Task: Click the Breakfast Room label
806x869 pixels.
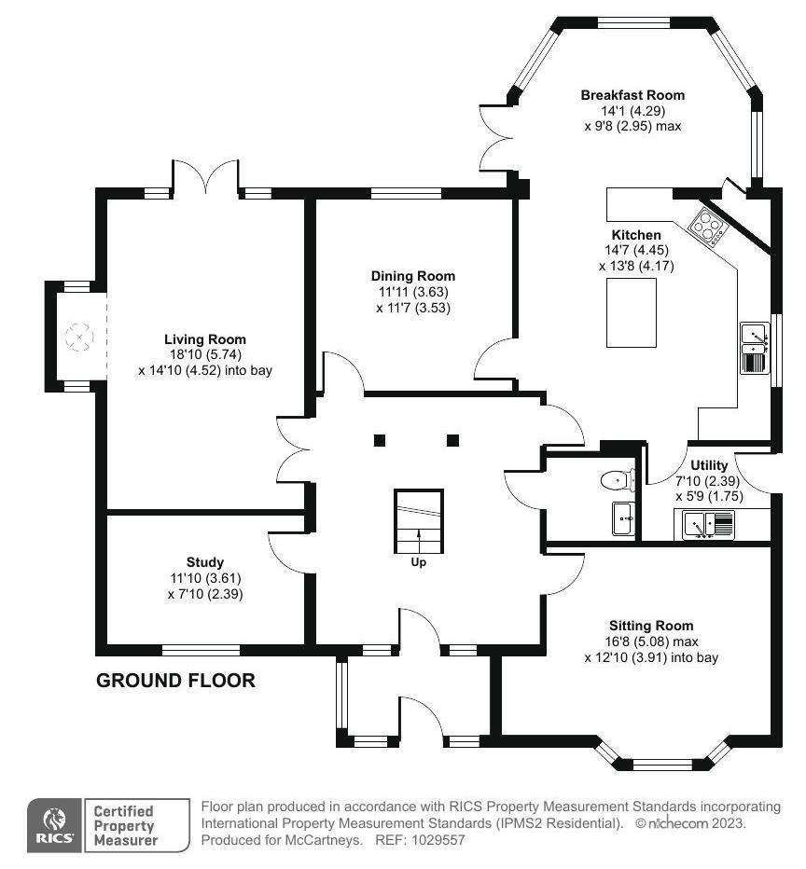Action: coord(632,95)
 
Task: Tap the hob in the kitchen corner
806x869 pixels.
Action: coord(708,227)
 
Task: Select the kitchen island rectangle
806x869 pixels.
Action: coord(632,312)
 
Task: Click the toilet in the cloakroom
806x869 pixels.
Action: coord(618,480)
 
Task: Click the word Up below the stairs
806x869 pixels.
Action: coord(419,562)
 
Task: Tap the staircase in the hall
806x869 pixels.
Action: coord(419,521)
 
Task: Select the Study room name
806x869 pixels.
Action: coord(205,562)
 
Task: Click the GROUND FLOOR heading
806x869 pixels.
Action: coord(175,680)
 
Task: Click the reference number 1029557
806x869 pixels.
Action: coord(438,839)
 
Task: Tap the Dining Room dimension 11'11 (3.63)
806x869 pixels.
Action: coord(413,292)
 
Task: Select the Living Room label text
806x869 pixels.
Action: coord(205,339)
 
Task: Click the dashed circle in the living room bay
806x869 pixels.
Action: coord(79,337)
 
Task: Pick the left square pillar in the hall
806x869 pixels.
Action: coord(380,441)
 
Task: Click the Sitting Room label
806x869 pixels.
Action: coord(651,626)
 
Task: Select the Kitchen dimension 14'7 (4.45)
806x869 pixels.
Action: coord(636,250)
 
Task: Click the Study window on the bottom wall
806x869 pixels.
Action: coord(201,650)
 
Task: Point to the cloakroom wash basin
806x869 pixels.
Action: coord(624,518)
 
